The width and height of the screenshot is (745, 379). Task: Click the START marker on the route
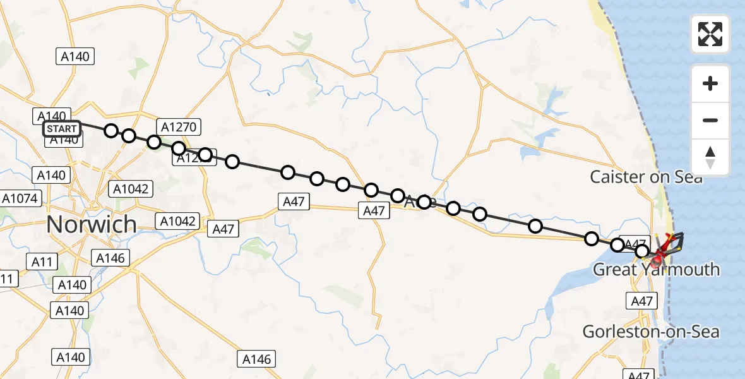tap(62, 129)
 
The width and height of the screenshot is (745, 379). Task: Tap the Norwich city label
tap(92, 224)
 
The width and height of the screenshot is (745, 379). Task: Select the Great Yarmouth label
tap(656, 270)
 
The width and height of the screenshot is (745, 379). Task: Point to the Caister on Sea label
tap(646, 177)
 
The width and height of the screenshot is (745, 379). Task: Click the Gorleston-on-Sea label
tap(651, 332)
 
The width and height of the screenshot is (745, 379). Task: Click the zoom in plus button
tap(710, 83)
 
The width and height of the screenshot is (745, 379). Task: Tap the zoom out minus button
tap(710, 120)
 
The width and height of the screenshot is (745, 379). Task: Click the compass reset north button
tap(710, 157)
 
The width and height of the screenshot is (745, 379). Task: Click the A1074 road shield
tap(21, 199)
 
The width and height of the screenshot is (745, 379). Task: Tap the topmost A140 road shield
tap(75, 57)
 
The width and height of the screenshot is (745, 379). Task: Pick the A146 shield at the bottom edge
tap(257, 359)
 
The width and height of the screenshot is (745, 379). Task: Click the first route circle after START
tap(111, 131)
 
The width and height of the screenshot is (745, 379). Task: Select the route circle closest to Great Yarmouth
tap(642, 251)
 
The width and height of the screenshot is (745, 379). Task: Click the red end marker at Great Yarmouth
tap(659, 256)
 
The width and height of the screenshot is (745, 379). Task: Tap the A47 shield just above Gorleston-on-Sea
tap(642, 302)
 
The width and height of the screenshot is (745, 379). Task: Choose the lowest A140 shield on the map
tap(70, 358)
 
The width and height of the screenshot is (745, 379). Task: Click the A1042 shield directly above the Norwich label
tap(132, 189)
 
